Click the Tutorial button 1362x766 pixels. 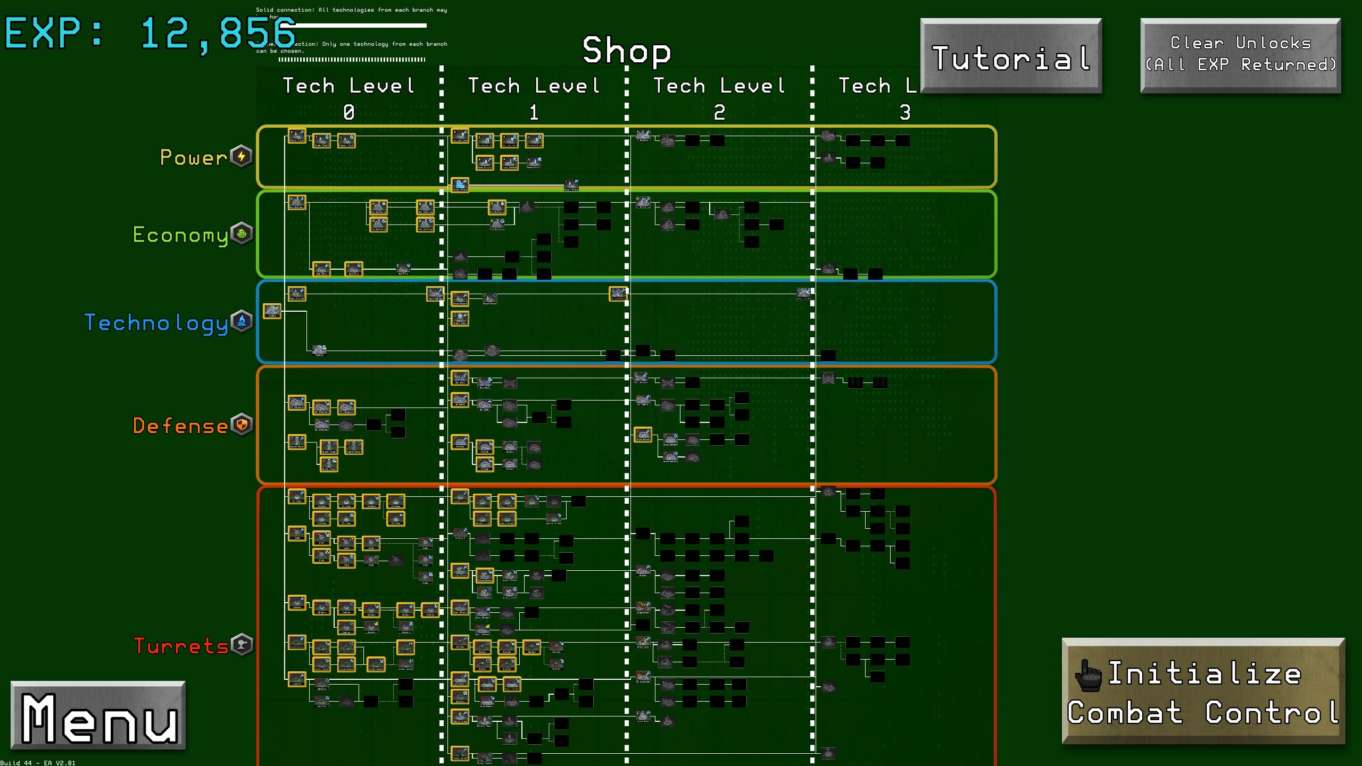(1010, 56)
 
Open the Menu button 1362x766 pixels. (98, 716)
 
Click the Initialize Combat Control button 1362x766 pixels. (1203, 692)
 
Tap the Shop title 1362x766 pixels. (626, 51)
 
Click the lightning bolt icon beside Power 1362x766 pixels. (242, 156)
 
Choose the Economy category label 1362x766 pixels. (180, 235)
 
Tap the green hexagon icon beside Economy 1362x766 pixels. (242, 234)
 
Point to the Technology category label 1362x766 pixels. (156, 323)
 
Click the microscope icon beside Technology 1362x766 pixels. (242, 321)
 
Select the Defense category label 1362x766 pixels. (180, 426)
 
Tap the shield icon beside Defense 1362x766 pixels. (242, 424)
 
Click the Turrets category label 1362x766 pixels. (181, 646)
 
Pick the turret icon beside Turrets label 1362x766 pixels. (243, 645)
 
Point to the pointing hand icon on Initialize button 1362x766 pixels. (1089, 676)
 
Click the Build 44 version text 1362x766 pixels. (37, 762)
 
